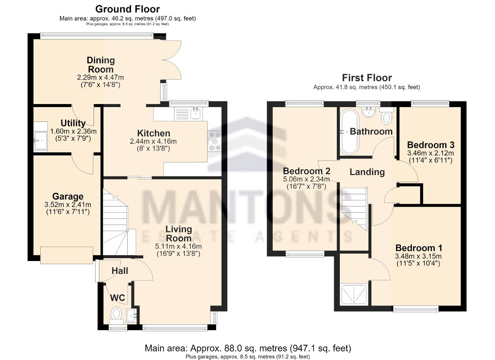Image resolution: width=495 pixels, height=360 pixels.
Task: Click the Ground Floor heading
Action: coord(128,9)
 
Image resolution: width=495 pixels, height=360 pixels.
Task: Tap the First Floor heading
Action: coord(367,78)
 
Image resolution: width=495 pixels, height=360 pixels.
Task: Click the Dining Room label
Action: coord(101,65)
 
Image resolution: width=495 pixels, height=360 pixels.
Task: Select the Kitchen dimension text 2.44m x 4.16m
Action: coord(153,141)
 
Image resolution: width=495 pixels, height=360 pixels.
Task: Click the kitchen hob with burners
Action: coord(214,141)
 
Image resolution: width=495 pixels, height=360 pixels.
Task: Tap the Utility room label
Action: coord(73,123)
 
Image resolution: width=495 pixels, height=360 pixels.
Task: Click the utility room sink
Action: coord(41,140)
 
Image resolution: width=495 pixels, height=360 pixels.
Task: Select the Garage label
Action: coord(68,196)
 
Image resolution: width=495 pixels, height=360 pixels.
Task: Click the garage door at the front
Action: coord(67,255)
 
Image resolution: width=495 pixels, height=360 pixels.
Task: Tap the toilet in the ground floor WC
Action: coord(116,316)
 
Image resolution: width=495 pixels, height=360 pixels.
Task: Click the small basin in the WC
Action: coord(132,316)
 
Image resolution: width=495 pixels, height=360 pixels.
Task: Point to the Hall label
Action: coord(120,271)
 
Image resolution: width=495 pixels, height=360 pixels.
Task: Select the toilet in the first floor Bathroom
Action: coord(386,116)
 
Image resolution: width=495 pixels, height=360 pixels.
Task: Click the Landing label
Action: coord(367,172)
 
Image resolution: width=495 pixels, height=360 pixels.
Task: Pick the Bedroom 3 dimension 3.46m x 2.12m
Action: coord(430,153)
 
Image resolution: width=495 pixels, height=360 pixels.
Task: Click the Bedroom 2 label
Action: coord(307,171)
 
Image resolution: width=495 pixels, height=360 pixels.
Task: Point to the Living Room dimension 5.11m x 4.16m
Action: coord(178,246)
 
